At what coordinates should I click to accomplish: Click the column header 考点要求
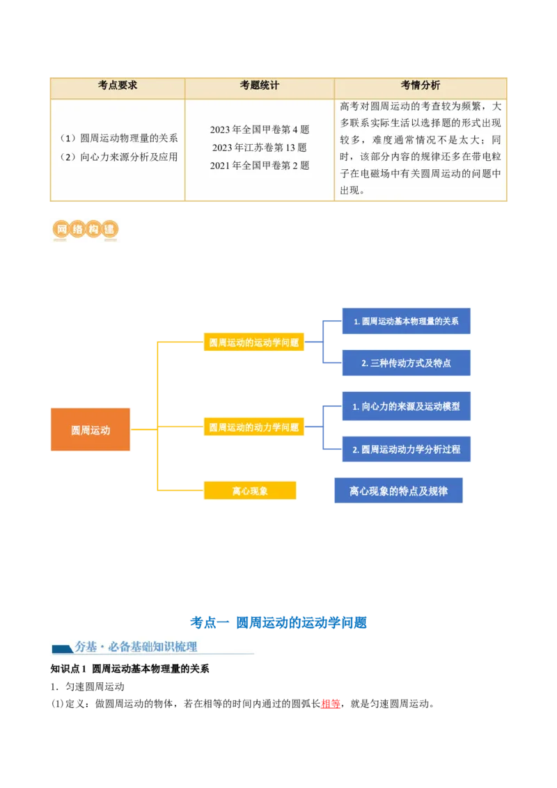click(x=118, y=85)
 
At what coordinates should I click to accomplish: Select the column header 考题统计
click(x=259, y=85)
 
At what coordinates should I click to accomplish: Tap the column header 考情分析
click(x=420, y=85)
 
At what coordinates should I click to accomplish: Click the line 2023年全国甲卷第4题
click(x=259, y=129)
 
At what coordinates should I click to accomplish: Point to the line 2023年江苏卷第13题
click(x=259, y=148)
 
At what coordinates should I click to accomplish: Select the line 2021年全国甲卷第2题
click(x=259, y=166)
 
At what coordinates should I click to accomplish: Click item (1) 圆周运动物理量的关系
click(x=118, y=139)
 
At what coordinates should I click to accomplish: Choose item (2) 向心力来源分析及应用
click(x=118, y=157)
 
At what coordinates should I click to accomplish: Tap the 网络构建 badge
click(x=84, y=230)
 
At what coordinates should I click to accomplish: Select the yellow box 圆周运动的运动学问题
click(x=253, y=342)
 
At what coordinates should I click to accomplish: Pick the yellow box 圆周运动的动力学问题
click(x=253, y=427)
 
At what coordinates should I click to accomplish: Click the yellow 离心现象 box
click(x=250, y=491)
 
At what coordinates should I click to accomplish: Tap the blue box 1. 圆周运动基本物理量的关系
click(x=406, y=322)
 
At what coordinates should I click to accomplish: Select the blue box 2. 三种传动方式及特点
click(x=406, y=363)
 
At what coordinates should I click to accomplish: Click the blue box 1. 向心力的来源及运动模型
click(x=406, y=407)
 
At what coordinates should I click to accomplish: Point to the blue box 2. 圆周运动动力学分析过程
click(x=406, y=450)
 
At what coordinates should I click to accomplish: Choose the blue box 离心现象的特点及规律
click(x=398, y=491)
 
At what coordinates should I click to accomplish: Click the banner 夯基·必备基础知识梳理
click(x=152, y=647)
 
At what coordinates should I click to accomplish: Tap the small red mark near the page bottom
click(x=330, y=704)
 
